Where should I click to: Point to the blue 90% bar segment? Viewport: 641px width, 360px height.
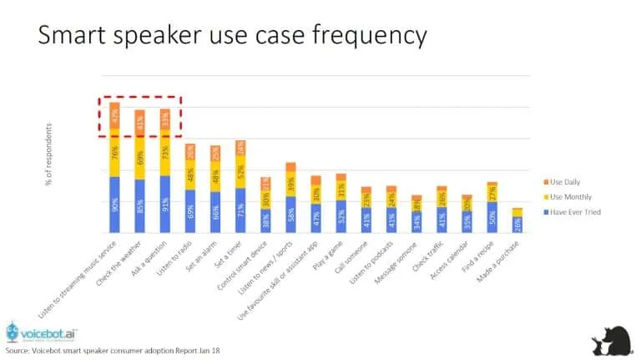[x=114, y=205]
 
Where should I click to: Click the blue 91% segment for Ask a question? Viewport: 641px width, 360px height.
[x=164, y=204]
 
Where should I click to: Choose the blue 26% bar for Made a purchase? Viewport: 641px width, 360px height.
[x=517, y=224]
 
